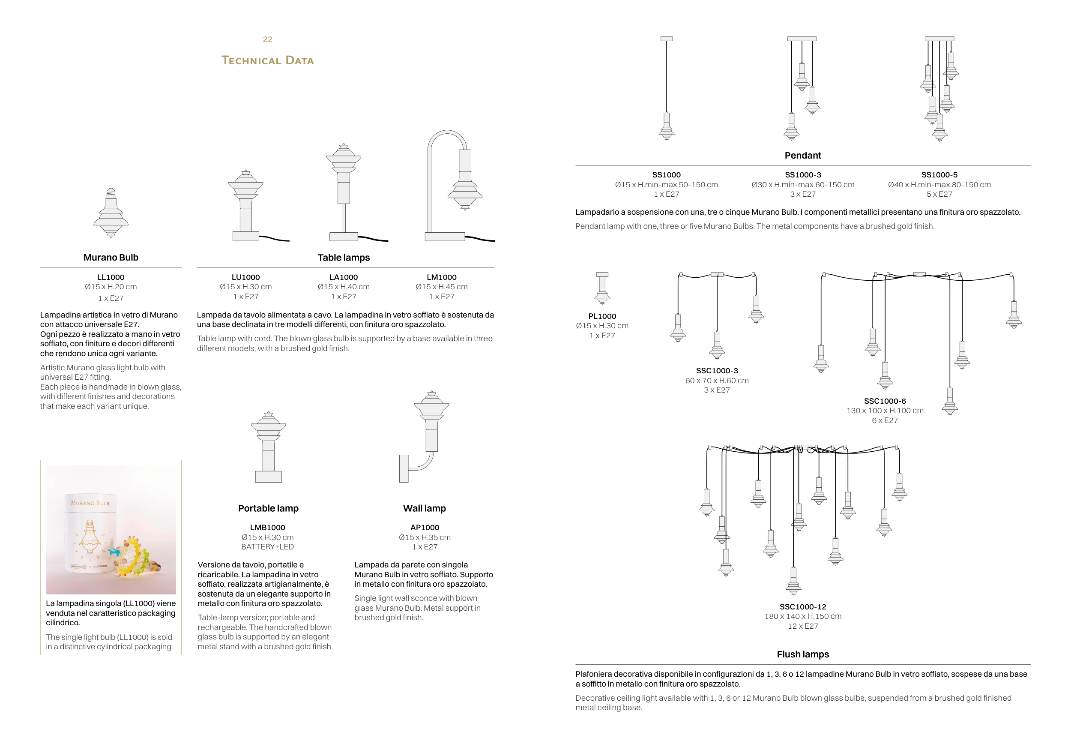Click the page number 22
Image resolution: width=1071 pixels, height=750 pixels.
coord(267,39)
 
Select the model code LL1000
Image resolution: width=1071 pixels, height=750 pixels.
coord(111,277)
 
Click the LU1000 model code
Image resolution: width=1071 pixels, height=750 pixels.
coord(245,277)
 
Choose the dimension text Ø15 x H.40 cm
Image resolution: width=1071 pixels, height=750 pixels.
coord(343,287)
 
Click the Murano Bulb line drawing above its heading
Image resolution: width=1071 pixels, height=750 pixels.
coord(111,212)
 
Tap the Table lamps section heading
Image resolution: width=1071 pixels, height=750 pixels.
coord(343,257)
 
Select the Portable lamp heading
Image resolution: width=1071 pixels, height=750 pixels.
coord(268,508)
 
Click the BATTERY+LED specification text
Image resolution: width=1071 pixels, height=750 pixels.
coord(267,546)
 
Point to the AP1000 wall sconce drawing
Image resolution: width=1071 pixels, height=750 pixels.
coord(425,439)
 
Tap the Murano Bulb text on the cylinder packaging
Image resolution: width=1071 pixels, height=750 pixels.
coord(90,503)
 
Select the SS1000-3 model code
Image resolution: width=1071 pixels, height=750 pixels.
coord(802,174)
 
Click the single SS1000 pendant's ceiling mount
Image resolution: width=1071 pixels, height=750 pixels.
coord(667,39)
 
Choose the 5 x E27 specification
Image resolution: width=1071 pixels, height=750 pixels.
coord(939,194)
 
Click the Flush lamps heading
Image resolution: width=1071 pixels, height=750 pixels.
coord(802,654)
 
